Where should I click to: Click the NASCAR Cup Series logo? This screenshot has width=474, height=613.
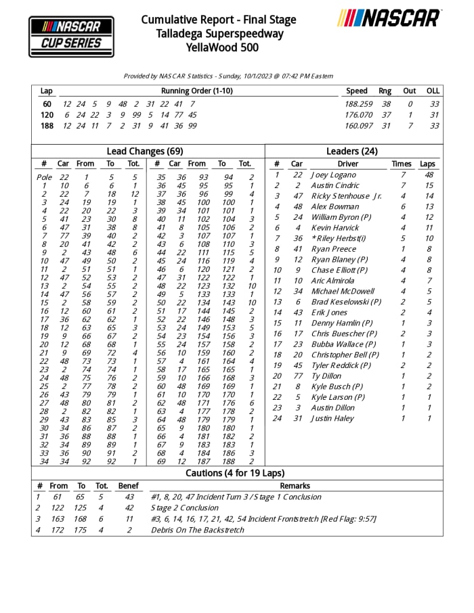[x=71, y=36]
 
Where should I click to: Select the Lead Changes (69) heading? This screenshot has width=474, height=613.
[x=144, y=151]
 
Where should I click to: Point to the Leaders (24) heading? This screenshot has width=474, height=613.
[x=352, y=151]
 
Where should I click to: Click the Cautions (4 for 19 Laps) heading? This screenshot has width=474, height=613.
[x=235, y=473]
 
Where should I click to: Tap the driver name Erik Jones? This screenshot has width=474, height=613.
[x=329, y=312]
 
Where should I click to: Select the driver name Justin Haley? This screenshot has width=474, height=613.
[x=332, y=418]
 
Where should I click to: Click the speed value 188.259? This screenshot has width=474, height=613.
[x=359, y=104]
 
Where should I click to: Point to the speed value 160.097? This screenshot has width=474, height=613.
[x=359, y=125]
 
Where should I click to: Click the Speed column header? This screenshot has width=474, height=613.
[x=357, y=91]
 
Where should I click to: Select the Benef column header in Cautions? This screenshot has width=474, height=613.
[x=128, y=486]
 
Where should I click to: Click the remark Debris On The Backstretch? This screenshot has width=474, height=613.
[x=197, y=530]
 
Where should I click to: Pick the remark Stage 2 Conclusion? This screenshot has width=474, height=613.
[x=185, y=507]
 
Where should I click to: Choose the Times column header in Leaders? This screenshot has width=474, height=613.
[x=402, y=164]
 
